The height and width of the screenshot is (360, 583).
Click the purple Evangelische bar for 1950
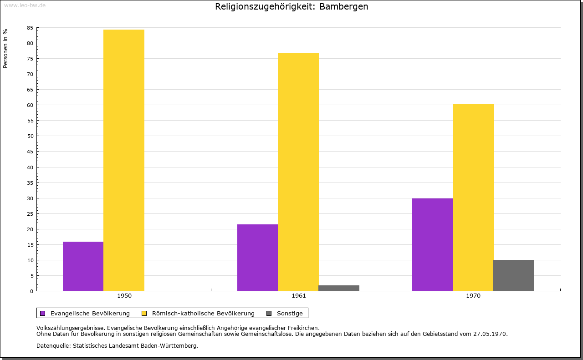[x=83, y=266]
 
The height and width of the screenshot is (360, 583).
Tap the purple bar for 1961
[x=257, y=258]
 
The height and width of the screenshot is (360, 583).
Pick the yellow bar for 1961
[x=298, y=172]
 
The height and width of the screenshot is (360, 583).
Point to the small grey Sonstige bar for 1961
[x=339, y=288]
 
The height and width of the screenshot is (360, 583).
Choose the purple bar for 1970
[x=432, y=244]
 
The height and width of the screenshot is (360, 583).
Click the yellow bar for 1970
[x=473, y=198]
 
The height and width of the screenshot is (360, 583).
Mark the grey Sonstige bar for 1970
[x=514, y=275]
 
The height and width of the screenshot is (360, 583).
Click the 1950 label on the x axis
[x=124, y=296]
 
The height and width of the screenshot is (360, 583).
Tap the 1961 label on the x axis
[x=299, y=296]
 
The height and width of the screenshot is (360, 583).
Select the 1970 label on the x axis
[x=473, y=296]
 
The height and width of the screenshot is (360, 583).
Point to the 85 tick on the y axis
[x=30, y=28]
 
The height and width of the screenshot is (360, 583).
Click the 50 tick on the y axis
[x=30, y=136]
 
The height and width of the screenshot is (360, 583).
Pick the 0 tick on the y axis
[x=32, y=291]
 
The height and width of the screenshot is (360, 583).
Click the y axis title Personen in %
[x=5, y=49]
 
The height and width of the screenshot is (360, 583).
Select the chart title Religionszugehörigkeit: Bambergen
[x=291, y=6]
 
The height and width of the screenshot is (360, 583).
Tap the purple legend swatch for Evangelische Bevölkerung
[x=43, y=313]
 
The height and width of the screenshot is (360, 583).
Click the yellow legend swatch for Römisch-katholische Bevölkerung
[x=144, y=313]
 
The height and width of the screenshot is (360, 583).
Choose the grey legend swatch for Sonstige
[x=269, y=313]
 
